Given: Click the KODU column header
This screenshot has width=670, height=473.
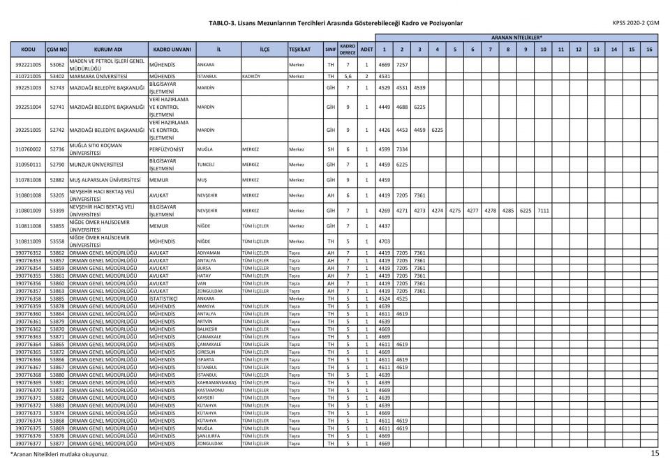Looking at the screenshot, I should tap(29, 50).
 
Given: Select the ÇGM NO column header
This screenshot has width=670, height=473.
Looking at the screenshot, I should tap(57, 50).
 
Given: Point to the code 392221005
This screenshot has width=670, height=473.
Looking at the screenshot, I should tap(29, 64).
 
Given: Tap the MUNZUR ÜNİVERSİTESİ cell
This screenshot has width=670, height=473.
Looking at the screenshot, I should tap(102, 165).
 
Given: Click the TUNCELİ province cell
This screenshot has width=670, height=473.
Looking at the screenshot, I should tap(208, 165).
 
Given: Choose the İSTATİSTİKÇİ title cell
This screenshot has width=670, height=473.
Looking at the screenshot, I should tap(165, 299).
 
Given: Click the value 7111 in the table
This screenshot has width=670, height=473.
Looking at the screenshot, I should tap(543, 209).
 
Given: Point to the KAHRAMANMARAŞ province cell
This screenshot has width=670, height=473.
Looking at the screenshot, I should tap(218, 382).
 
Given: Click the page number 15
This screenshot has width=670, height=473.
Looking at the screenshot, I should tap(655, 453).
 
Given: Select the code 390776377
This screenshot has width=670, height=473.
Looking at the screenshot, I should tap(29, 443).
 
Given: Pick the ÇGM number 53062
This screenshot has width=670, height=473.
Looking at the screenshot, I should tap(57, 64).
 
